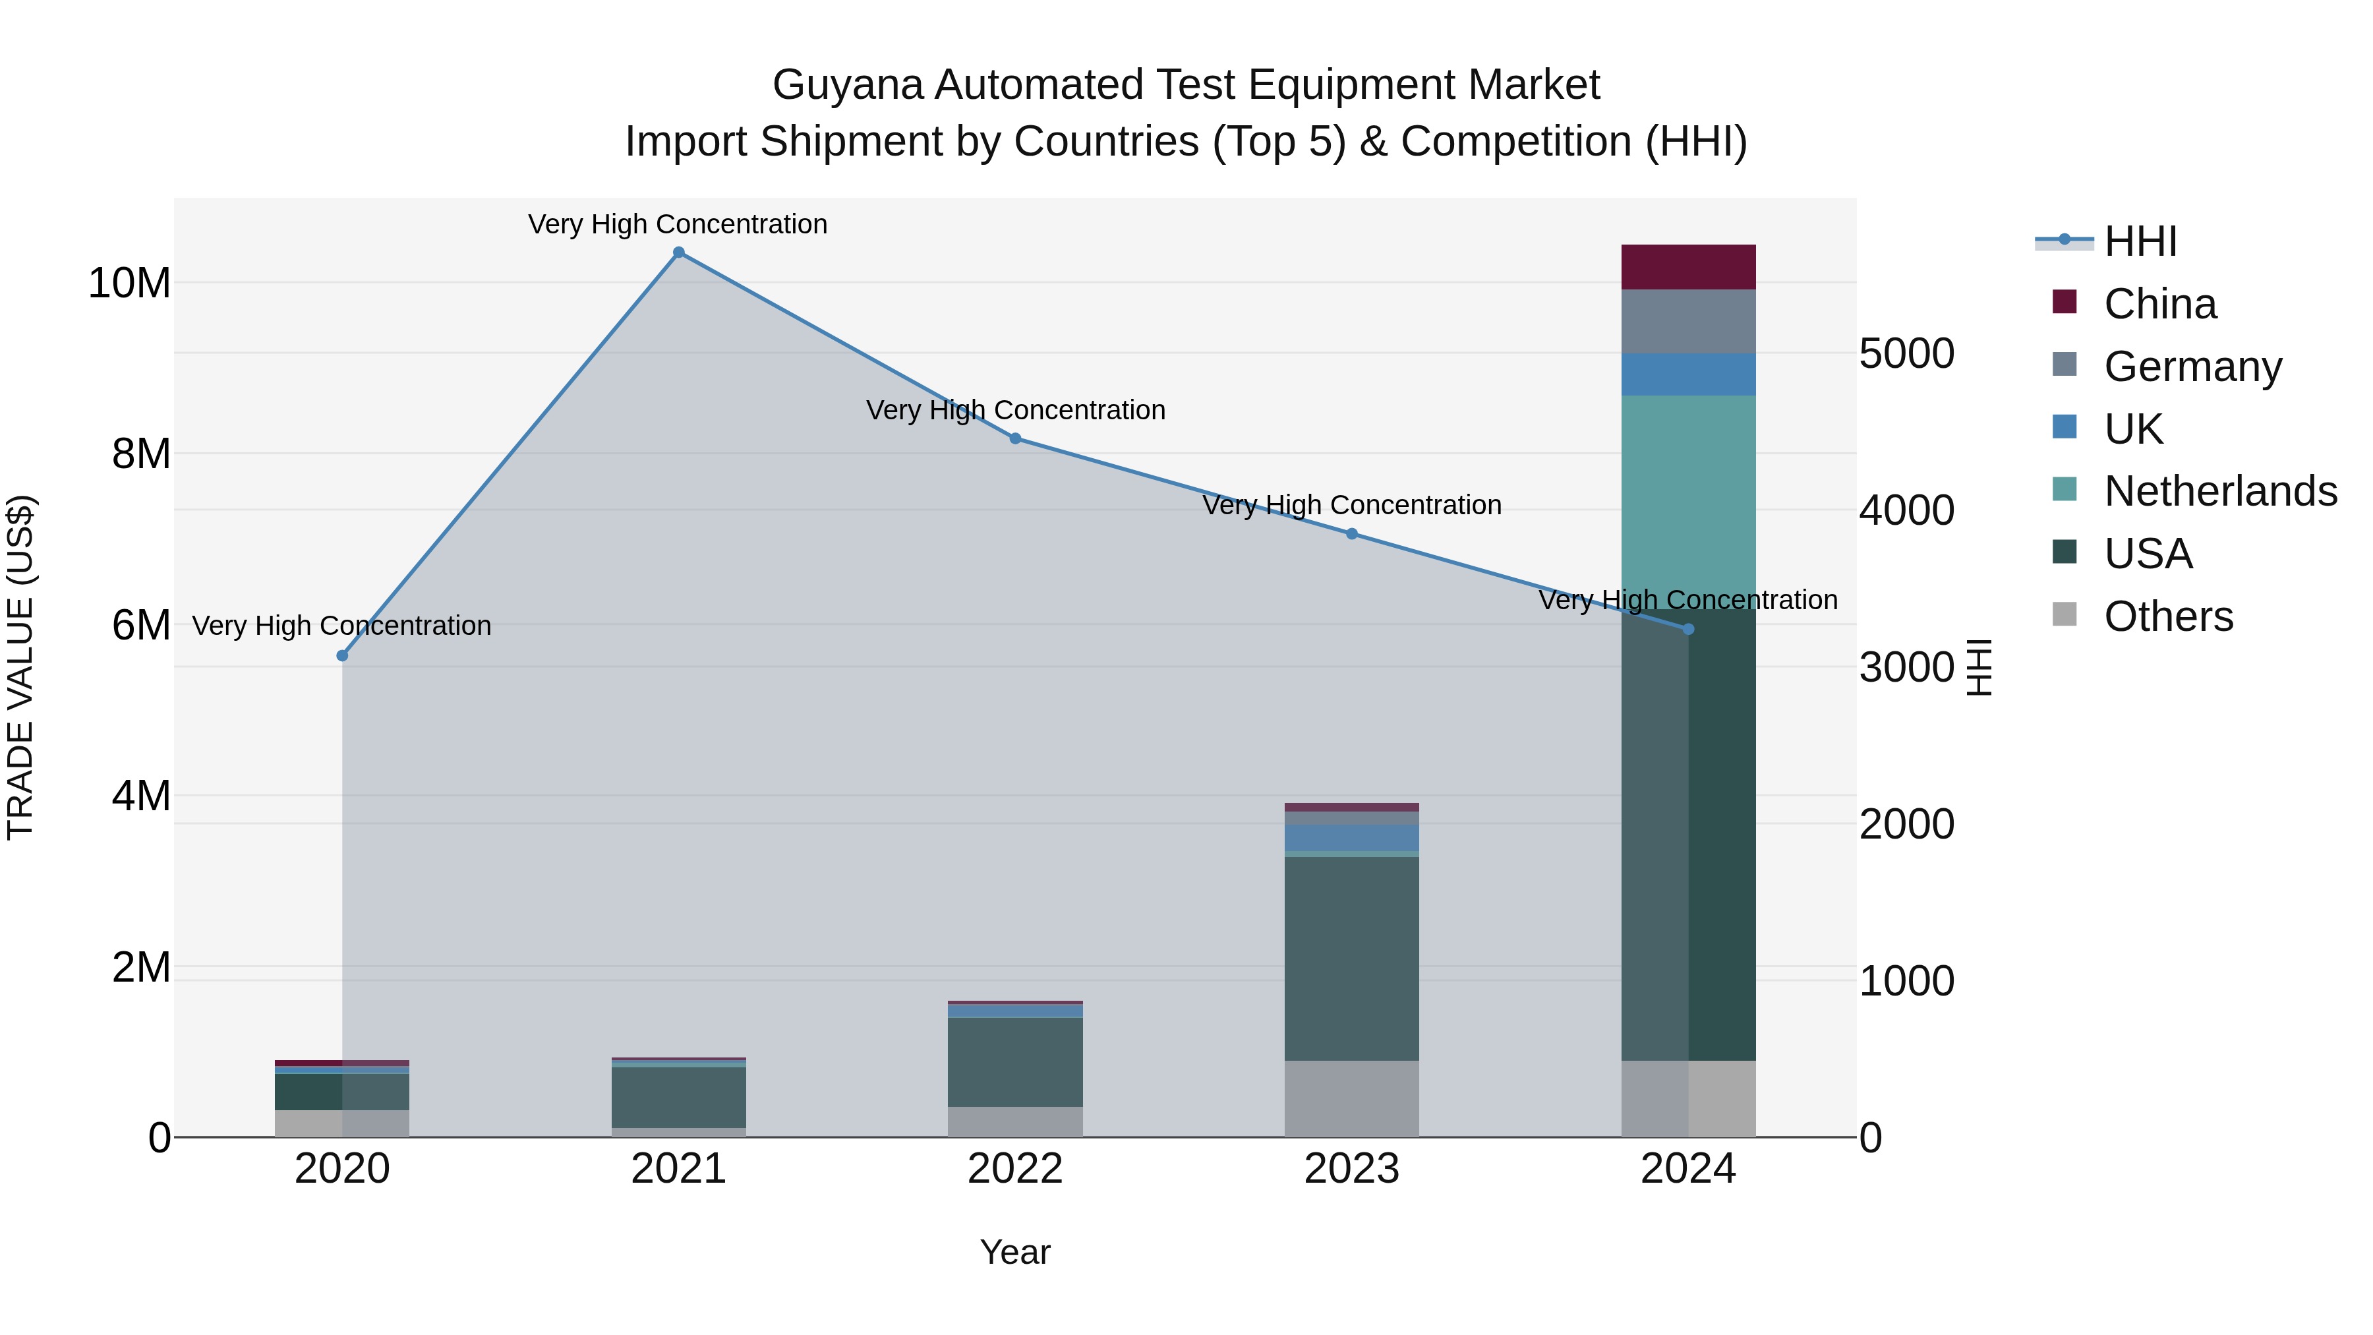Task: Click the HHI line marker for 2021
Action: [x=679, y=252]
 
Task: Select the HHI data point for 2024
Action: [x=1689, y=630]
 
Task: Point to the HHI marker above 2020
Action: [x=343, y=656]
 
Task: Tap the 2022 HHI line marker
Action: [x=1015, y=438]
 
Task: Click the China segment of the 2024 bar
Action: [x=1689, y=267]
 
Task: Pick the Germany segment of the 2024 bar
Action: [x=1689, y=322]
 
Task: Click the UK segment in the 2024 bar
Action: [x=1689, y=374]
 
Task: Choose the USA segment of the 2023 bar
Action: [x=1351, y=958]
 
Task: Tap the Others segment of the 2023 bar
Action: [x=1351, y=1098]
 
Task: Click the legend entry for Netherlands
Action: [x=2220, y=491]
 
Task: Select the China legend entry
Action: [x=2159, y=304]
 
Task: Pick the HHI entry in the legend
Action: [x=2140, y=241]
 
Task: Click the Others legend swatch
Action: [x=2065, y=614]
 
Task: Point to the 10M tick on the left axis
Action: [x=129, y=283]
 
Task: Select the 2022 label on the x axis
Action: [x=1015, y=1169]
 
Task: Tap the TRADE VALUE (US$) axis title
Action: [x=20, y=667]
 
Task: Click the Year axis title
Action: [x=1015, y=1252]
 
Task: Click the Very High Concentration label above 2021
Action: [x=678, y=224]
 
